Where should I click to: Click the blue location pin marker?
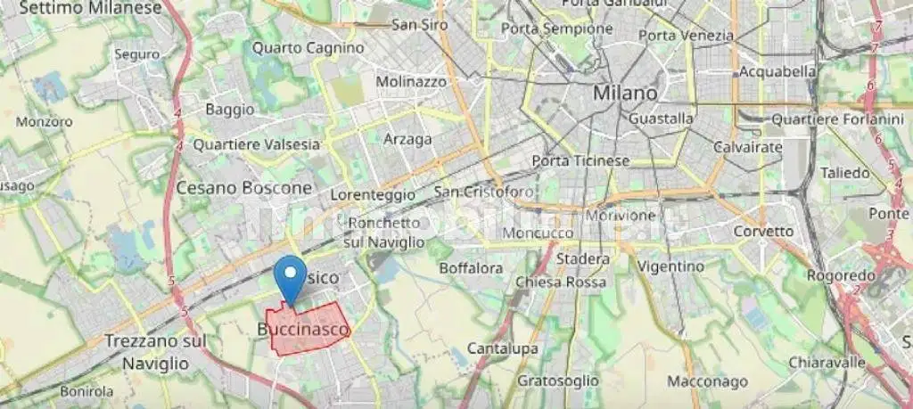click(x=288, y=277)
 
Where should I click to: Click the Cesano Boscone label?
click(x=244, y=188)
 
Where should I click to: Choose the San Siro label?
click(x=419, y=25)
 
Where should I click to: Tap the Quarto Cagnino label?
click(x=308, y=47)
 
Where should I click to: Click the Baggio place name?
click(x=229, y=109)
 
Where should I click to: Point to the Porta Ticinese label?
click(x=580, y=160)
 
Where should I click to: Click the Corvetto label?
click(x=762, y=231)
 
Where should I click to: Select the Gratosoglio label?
click(x=558, y=380)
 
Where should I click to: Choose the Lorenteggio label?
click(x=372, y=193)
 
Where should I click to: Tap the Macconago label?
click(x=707, y=381)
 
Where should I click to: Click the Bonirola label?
click(x=86, y=390)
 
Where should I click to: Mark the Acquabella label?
click(x=778, y=71)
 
